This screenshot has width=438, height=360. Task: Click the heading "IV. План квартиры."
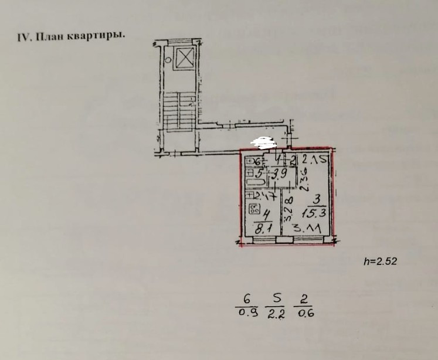(x=72, y=36)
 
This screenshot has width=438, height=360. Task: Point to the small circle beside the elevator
(x=168, y=59)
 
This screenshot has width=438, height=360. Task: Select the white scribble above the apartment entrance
(x=262, y=141)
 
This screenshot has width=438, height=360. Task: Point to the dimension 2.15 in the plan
(x=315, y=159)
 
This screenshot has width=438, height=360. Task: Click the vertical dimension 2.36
(x=303, y=180)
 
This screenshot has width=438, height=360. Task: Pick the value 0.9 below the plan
(x=247, y=313)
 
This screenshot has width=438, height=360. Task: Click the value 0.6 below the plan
(x=306, y=313)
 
